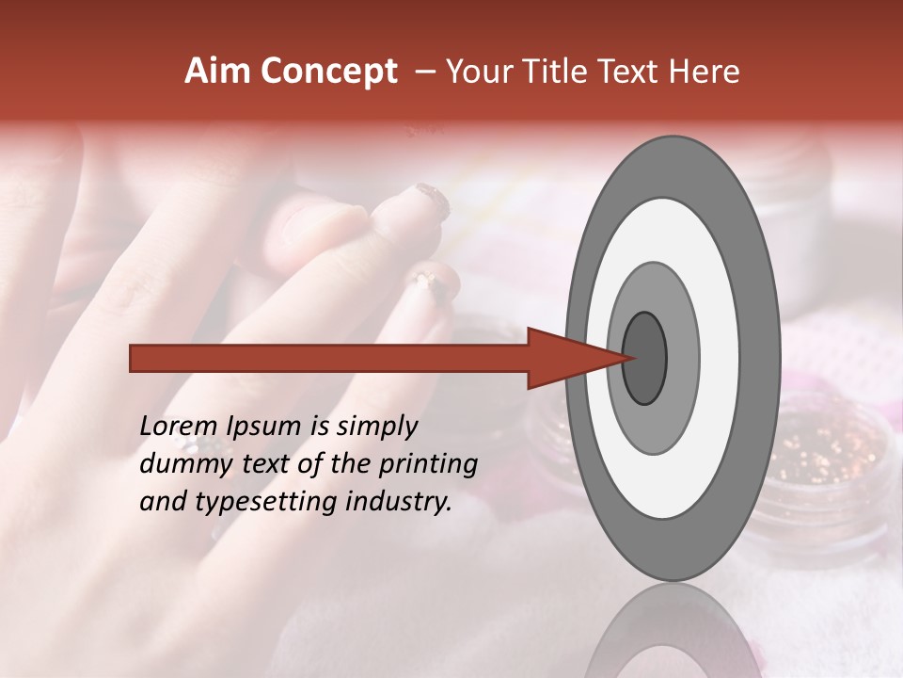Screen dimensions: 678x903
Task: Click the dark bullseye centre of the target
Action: [645, 358]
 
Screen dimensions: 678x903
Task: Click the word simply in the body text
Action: [374, 428]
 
